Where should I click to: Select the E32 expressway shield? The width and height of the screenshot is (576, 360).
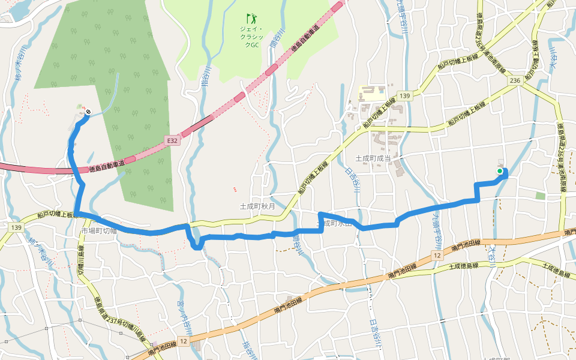[173, 140]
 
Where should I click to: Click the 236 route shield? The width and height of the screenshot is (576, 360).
[514, 81]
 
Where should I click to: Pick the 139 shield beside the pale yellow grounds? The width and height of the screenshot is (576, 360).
[404, 96]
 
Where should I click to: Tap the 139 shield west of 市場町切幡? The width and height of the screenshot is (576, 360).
[16, 227]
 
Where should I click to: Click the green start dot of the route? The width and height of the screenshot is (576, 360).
[499, 171]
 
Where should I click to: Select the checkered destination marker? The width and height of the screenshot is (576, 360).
[88, 112]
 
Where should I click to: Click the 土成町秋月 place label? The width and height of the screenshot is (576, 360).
[257, 206]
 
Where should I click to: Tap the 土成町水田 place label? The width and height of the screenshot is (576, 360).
[333, 223]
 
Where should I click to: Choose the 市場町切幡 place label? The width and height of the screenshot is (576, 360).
[98, 231]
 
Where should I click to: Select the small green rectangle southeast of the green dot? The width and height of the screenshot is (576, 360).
[541, 196]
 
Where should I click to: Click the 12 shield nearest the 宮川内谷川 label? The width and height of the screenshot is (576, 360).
[184, 341]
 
